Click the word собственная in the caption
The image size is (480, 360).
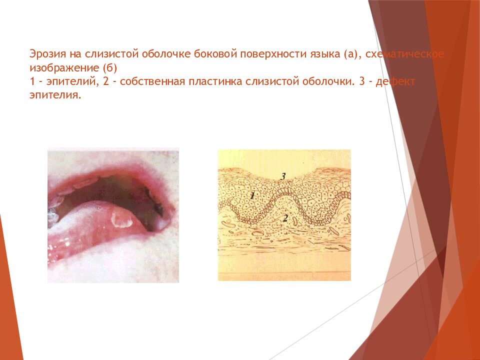click(150, 81)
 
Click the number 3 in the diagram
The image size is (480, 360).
click(283, 176)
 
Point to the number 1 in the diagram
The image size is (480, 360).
click(252, 196)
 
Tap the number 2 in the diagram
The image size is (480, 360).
click(285, 218)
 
